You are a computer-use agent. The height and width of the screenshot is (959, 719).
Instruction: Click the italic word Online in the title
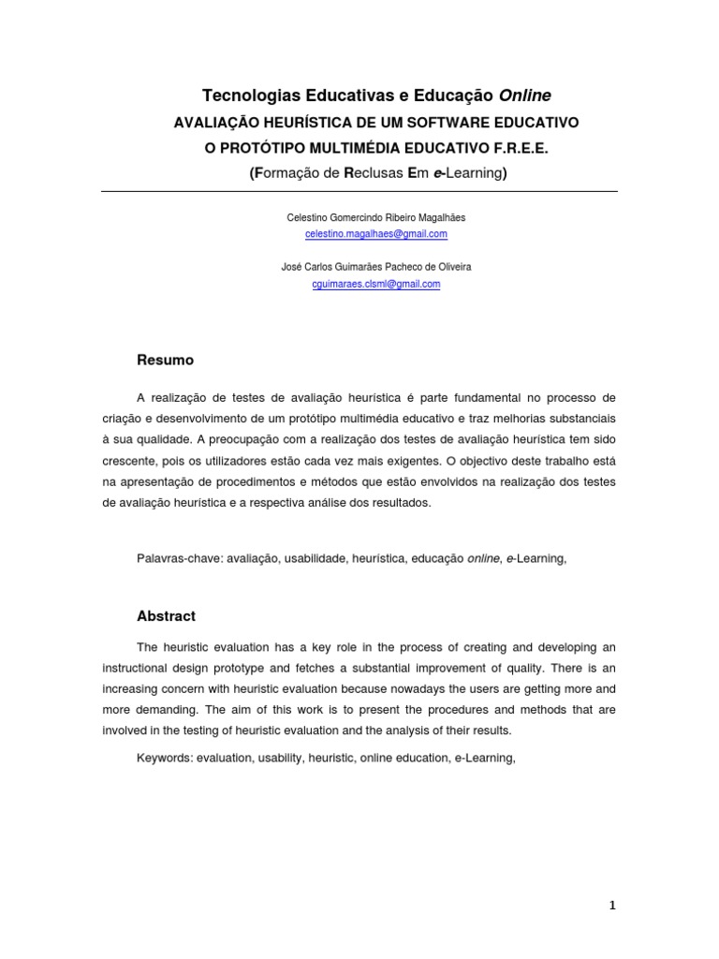pyautogui.click(x=524, y=96)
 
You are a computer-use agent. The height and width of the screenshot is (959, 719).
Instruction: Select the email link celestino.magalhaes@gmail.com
pyautogui.click(x=376, y=233)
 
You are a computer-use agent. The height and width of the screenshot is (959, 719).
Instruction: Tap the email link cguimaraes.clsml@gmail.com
pyautogui.click(x=376, y=284)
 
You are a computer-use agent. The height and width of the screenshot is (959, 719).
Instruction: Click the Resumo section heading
pyautogui.click(x=166, y=360)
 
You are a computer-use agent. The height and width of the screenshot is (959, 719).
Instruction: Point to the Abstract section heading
pyautogui.click(x=167, y=616)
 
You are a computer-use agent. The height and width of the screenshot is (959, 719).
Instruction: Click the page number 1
pyautogui.click(x=612, y=906)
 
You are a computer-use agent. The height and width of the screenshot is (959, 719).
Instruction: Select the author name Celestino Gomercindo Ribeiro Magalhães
pyautogui.click(x=376, y=217)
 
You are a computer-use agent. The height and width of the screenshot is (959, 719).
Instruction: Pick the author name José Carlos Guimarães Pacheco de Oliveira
pyautogui.click(x=376, y=267)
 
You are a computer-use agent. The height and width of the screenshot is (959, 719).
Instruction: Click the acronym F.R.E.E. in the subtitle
pyautogui.click(x=517, y=148)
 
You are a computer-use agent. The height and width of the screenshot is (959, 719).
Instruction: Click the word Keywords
pyautogui.click(x=164, y=758)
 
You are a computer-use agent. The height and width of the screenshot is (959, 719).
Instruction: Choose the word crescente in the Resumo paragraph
pyautogui.click(x=131, y=461)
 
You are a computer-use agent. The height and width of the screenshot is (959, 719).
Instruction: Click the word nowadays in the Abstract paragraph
pyautogui.click(x=406, y=688)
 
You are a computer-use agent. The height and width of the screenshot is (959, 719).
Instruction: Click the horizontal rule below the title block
pyautogui.click(x=359, y=192)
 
